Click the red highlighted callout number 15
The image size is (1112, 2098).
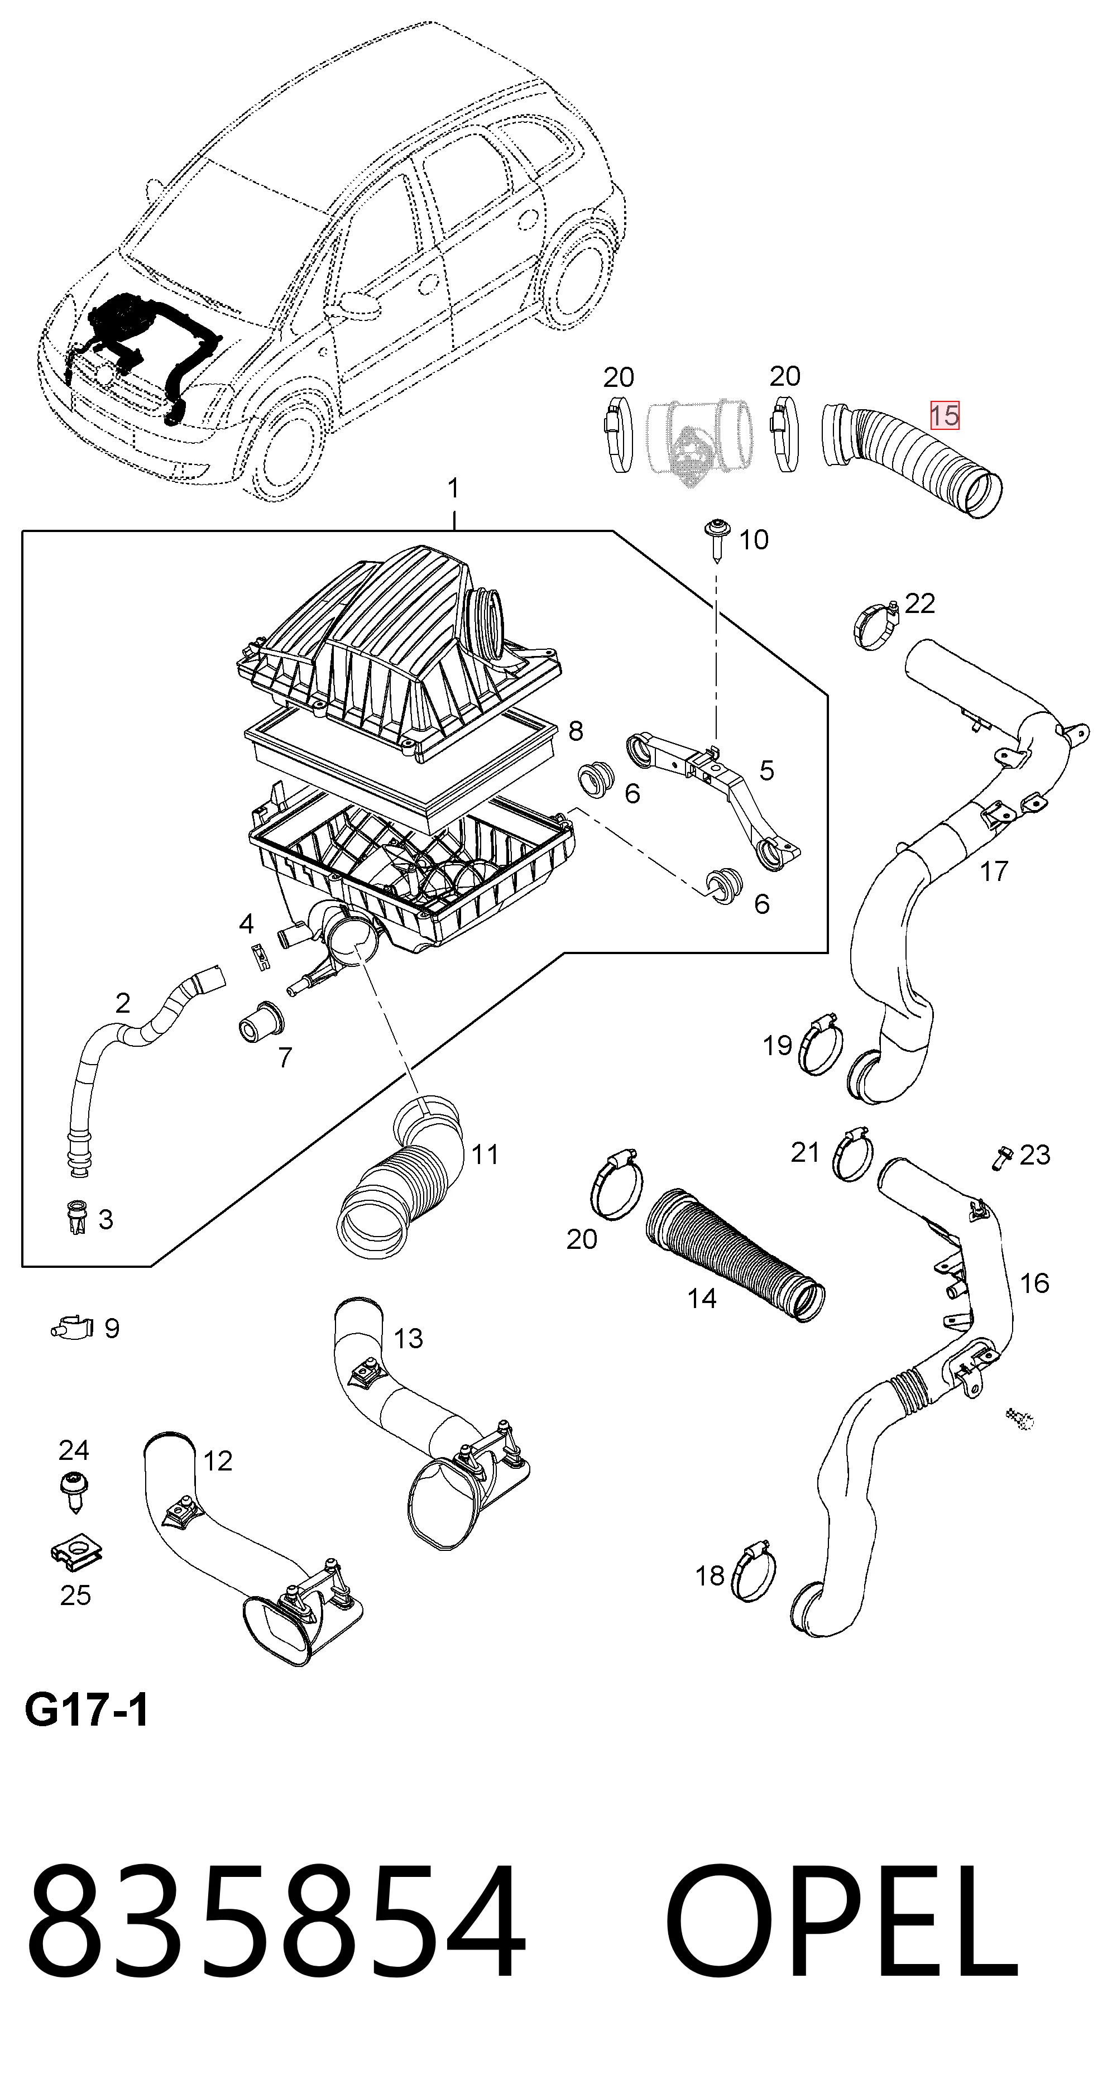(945, 415)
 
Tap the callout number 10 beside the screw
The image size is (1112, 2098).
(754, 539)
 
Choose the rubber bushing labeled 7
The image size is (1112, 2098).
(261, 1021)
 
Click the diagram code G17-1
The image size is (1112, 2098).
(87, 1711)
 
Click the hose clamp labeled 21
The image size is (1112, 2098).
(852, 1153)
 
